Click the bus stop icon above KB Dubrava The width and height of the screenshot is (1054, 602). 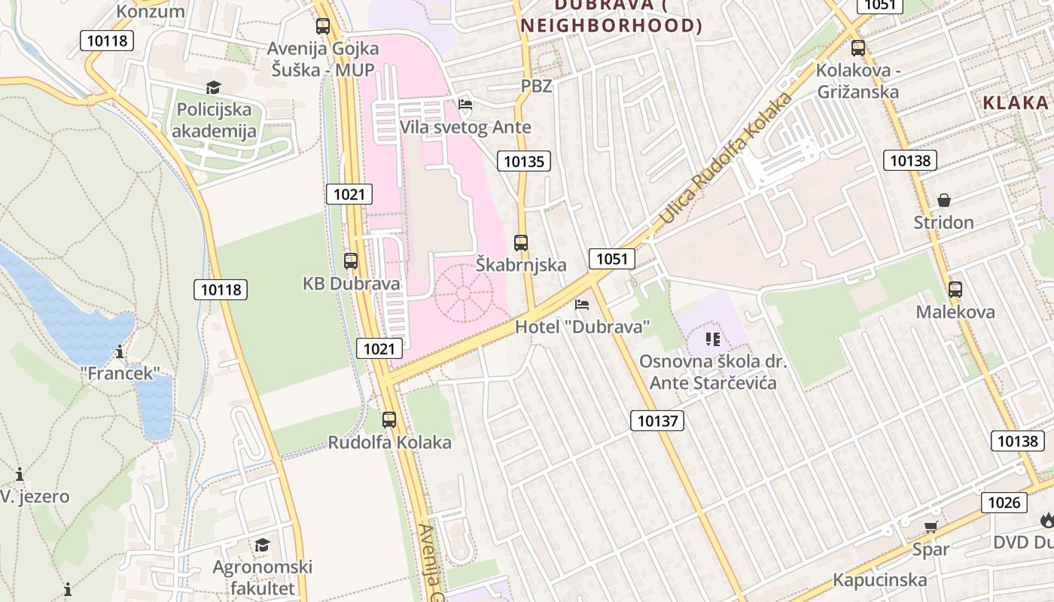point(351,261)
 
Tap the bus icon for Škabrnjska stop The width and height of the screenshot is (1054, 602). point(521,243)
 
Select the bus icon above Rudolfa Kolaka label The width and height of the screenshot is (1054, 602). point(389,420)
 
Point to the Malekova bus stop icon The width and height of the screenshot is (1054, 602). point(955,289)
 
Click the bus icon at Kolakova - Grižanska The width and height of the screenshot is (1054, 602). point(858,48)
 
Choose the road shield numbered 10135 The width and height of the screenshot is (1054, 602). point(524,160)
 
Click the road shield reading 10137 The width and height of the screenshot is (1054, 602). point(657,421)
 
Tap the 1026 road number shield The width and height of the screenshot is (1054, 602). point(1004,503)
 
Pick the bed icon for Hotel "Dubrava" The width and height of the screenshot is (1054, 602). point(582,305)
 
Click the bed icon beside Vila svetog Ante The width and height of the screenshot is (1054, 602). point(465,105)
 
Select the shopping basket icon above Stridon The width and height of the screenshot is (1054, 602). point(944,200)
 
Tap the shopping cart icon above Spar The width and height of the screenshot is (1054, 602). point(931,527)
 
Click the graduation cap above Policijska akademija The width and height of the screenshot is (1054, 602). point(214,88)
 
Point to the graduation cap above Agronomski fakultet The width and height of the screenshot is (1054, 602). point(262,545)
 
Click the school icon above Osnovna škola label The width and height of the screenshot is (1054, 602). point(713,339)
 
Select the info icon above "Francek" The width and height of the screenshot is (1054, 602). point(120,351)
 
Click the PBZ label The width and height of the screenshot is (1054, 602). point(537,86)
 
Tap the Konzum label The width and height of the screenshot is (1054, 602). point(151,11)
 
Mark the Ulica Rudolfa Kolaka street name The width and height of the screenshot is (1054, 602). point(727,160)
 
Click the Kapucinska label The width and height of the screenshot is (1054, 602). point(880,580)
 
